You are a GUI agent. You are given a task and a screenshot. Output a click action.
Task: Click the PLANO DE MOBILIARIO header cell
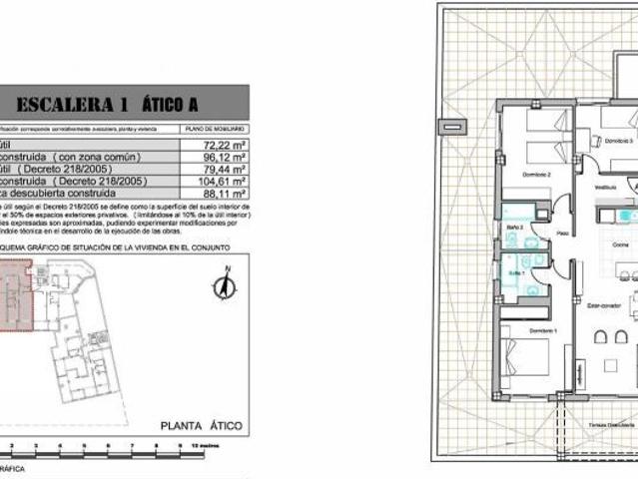click(212, 129)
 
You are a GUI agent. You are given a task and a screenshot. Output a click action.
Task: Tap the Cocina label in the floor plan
click(619, 244)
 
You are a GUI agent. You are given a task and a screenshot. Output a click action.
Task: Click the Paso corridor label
click(562, 234)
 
